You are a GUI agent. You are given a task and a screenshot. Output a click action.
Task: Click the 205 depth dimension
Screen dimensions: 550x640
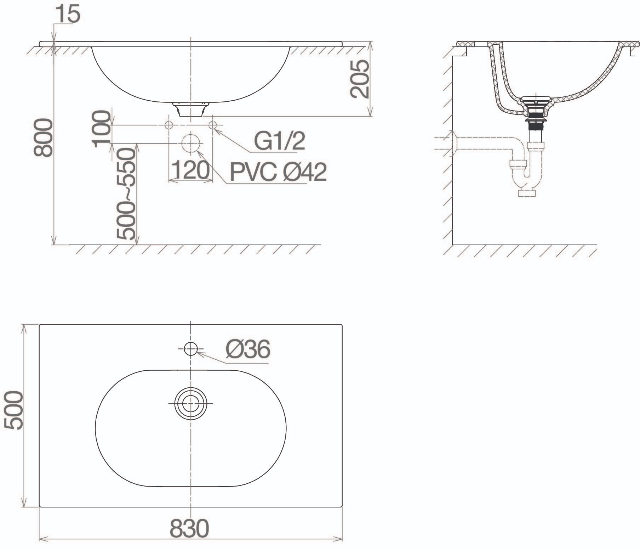click(x=359, y=79)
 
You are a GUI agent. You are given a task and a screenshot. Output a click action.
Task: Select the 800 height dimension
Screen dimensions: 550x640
click(x=43, y=137)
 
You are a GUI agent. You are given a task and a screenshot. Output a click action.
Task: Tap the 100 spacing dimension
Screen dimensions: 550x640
click(x=101, y=128)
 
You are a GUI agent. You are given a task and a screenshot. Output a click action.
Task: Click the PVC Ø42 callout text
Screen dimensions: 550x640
click(x=278, y=172)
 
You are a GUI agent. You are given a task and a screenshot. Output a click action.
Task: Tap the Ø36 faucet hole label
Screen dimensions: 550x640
click(x=248, y=349)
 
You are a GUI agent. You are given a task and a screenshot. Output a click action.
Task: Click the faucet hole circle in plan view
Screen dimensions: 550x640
click(x=190, y=349)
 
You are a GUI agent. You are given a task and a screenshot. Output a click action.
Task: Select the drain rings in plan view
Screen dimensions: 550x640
click(x=190, y=404)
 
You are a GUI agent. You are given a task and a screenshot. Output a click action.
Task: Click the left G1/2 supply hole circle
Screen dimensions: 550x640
click(x=168, y=125)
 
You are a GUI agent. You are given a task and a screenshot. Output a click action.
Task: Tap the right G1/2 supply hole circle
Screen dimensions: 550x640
click(x=213, y=125)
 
